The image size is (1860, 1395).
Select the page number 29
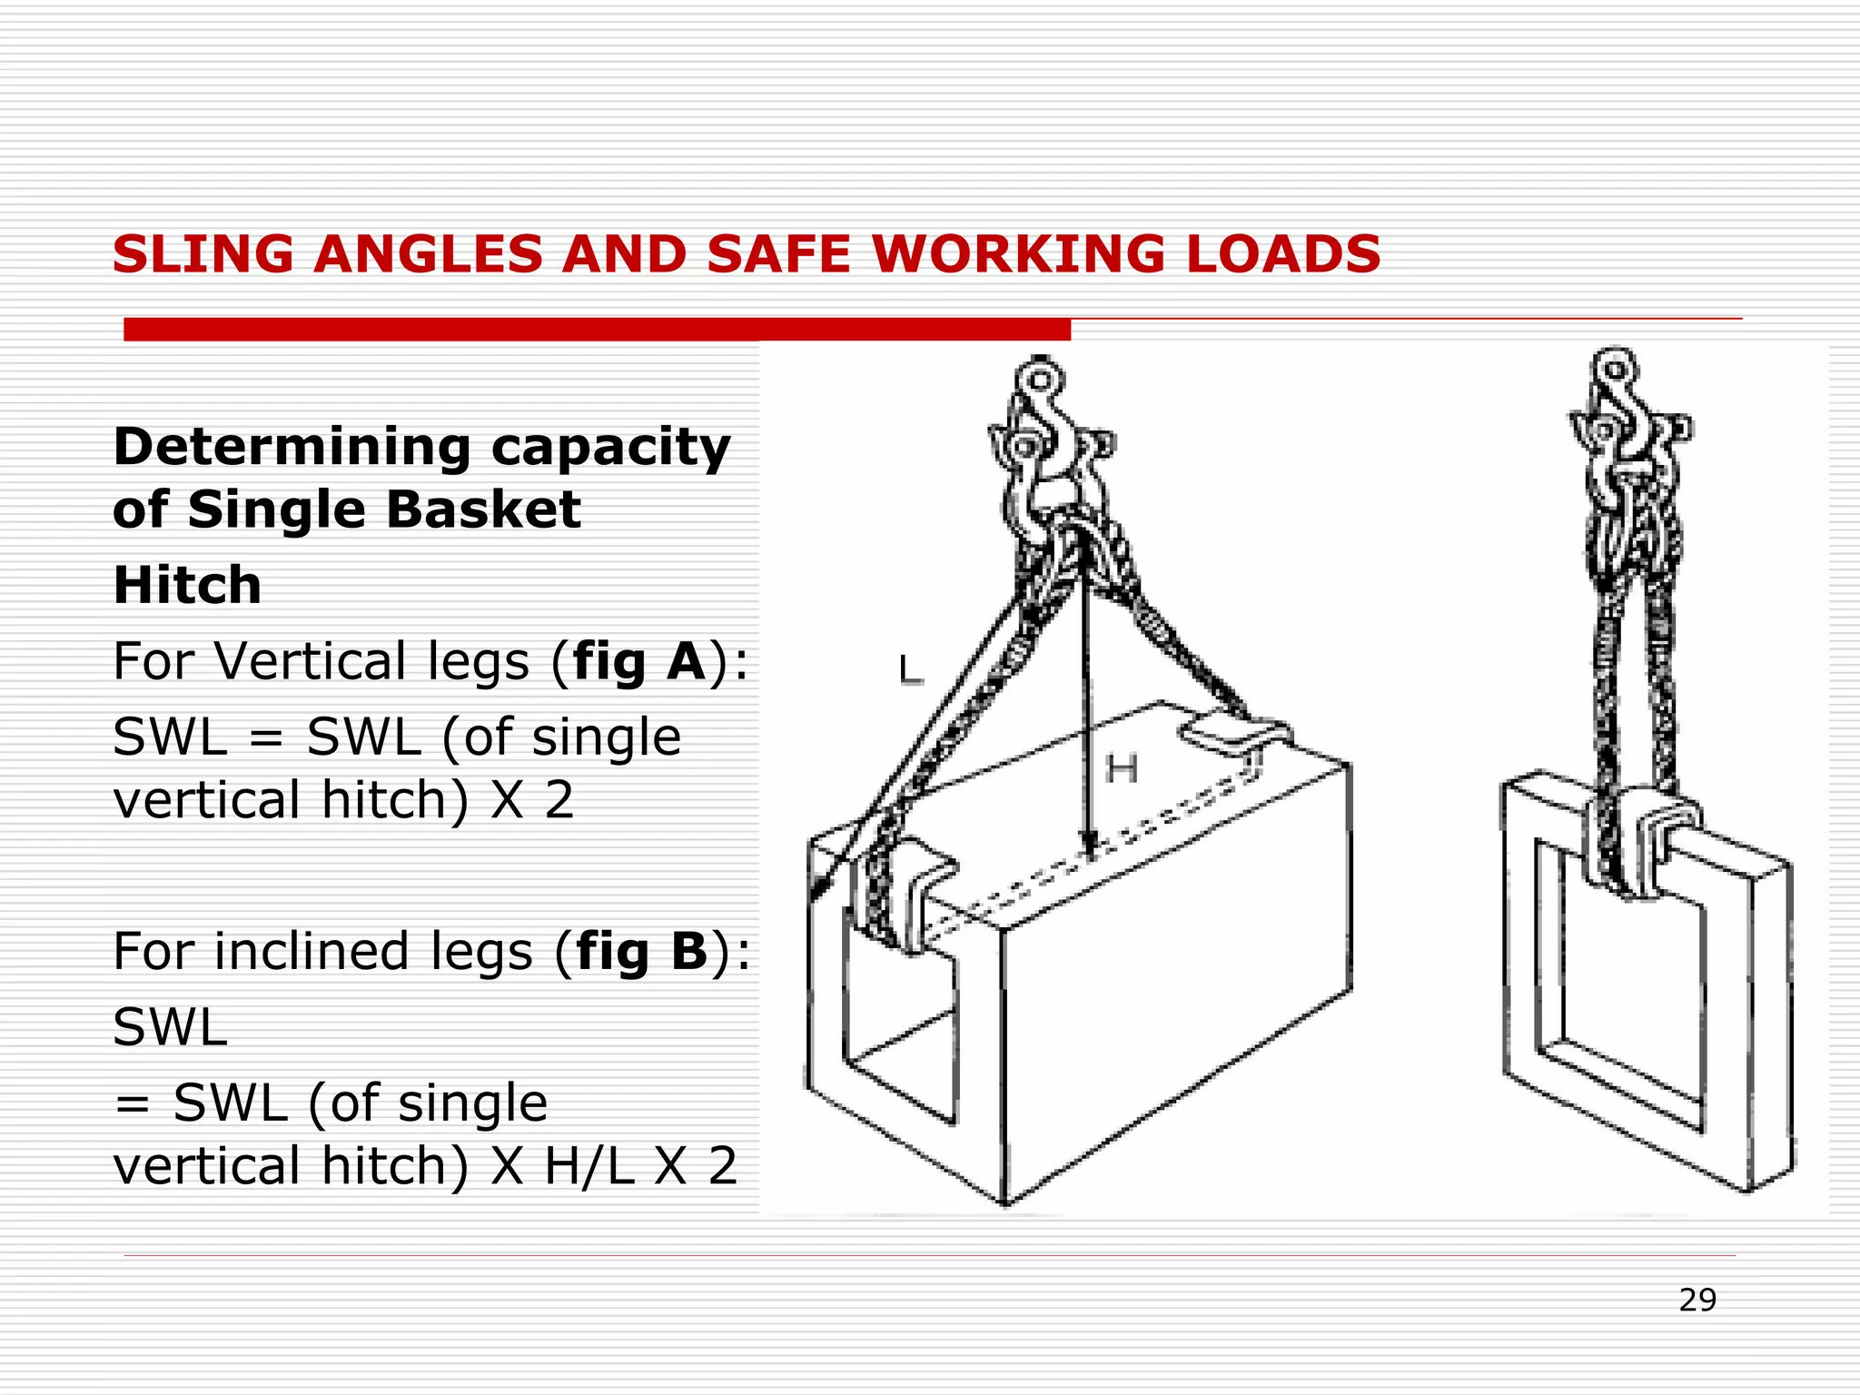(x=1697, y=1301)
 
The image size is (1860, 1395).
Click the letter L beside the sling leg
(x=910, y=671)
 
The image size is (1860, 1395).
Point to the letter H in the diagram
(x=1122, y=770)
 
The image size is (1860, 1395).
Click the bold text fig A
(x=639, y=661)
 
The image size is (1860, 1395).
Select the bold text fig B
(x=641, y=952)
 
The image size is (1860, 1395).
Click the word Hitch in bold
(x=187, y=585)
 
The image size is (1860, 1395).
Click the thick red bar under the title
(x=597, y=330)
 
